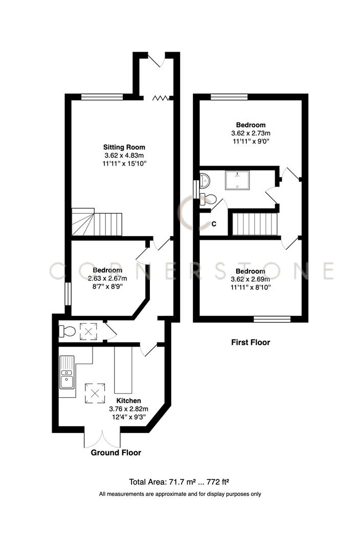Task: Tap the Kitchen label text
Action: point(128,401)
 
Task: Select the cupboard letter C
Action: point(214,224)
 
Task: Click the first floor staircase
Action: point(255,224)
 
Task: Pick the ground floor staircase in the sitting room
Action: point(97,223)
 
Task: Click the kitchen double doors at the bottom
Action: point(102,439)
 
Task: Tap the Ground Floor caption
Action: point(116,453)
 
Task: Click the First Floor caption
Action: point(251,342)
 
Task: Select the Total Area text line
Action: point(180,481)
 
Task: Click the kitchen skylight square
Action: point(95,393)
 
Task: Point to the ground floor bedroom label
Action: point(107,270)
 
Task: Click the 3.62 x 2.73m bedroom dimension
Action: point(251,133)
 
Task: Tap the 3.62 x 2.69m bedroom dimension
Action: point(251,279)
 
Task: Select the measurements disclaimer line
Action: point(180,494)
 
